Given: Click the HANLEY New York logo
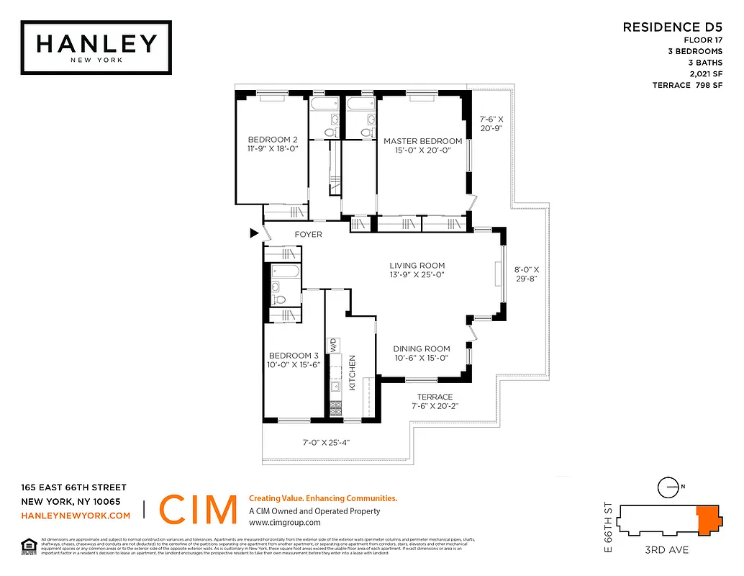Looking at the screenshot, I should (96, 47).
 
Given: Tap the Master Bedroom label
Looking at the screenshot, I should (422, 141).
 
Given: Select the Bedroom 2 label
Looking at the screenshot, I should (273, 140).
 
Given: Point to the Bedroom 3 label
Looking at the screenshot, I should (294, 356).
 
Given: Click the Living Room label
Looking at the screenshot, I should (417, 266).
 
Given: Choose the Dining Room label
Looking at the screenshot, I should (422, 349).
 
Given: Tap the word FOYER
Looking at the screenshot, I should (309, 235).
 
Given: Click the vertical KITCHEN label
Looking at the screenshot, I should (353, 372).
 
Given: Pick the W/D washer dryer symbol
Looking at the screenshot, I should (334, 345).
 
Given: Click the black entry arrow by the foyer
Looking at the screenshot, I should (253, 233).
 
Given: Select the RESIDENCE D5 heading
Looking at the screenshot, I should (672, 27).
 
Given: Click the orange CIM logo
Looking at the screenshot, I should (197, 510).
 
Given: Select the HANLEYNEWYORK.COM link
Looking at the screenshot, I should (76, 516).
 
